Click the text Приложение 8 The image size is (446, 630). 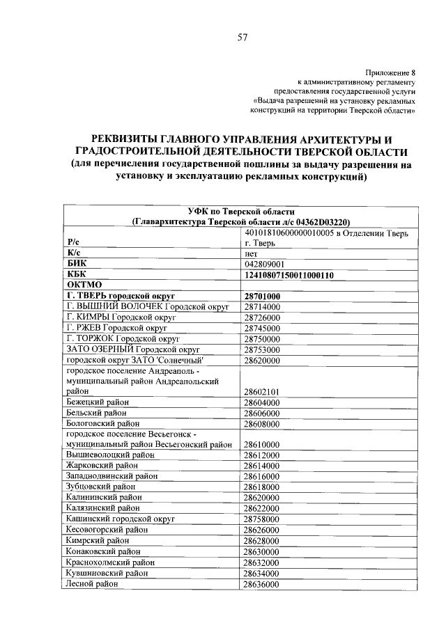[x=390, y=72]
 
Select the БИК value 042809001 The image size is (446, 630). [x=266, y=265]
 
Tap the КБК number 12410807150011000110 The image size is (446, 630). [x=289, y=275]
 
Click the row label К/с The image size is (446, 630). [x=74, y=254]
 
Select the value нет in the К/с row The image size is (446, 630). [x=252, y=254]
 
